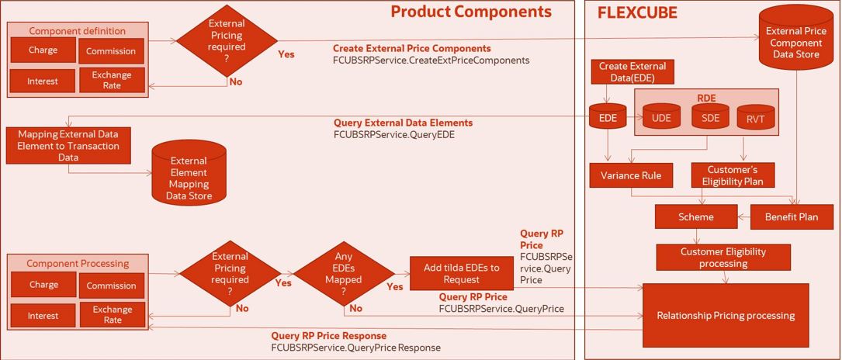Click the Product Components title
tap(471, 12)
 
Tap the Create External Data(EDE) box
tap(632, 71)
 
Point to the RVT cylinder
tap(755, 119)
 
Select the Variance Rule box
tap(631, 175)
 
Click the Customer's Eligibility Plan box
tap(733, 175)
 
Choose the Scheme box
tap(695, 217)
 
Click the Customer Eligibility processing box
tap(723, 257)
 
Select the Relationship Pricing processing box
tap(726, 316)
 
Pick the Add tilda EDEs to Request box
tap(462, 273)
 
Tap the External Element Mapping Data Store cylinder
tap(189, 173)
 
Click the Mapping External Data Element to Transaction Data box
tap(68, 145)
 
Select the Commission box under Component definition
tap(111, 51)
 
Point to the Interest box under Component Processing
tap(43, 316)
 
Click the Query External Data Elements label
tap(403, 123)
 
